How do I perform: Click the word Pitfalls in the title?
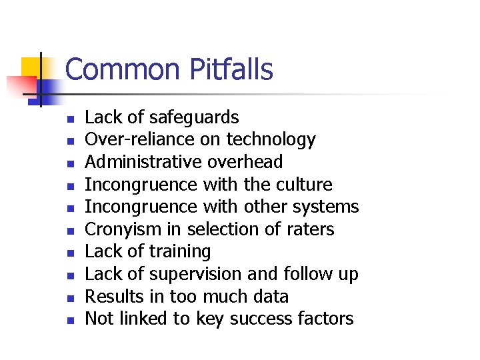231,69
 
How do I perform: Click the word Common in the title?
123,69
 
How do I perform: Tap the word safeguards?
194,118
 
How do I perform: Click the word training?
179,252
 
